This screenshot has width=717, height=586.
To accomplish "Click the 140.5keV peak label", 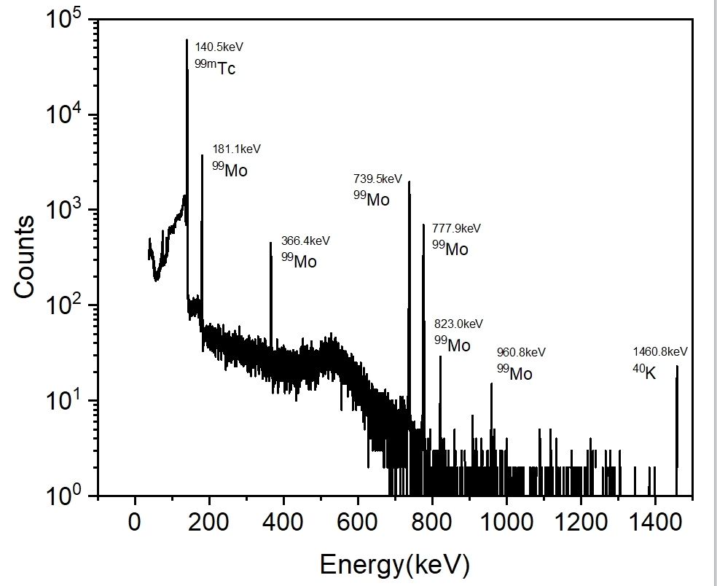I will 219,47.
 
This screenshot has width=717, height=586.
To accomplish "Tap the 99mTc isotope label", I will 215,68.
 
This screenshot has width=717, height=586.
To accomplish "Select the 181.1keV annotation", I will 236,149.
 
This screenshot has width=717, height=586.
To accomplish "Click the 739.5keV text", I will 377,179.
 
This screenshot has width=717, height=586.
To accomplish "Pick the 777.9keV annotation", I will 456,228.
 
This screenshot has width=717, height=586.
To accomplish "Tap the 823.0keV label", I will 458,324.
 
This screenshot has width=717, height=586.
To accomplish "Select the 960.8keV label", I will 521,353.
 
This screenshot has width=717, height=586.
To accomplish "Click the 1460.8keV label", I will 660,352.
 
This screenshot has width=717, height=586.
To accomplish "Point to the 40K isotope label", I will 644,373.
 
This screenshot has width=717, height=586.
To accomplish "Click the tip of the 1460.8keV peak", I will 677,366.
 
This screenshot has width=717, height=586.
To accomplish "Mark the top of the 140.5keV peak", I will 187,40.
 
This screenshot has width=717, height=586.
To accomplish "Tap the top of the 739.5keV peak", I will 409,181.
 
